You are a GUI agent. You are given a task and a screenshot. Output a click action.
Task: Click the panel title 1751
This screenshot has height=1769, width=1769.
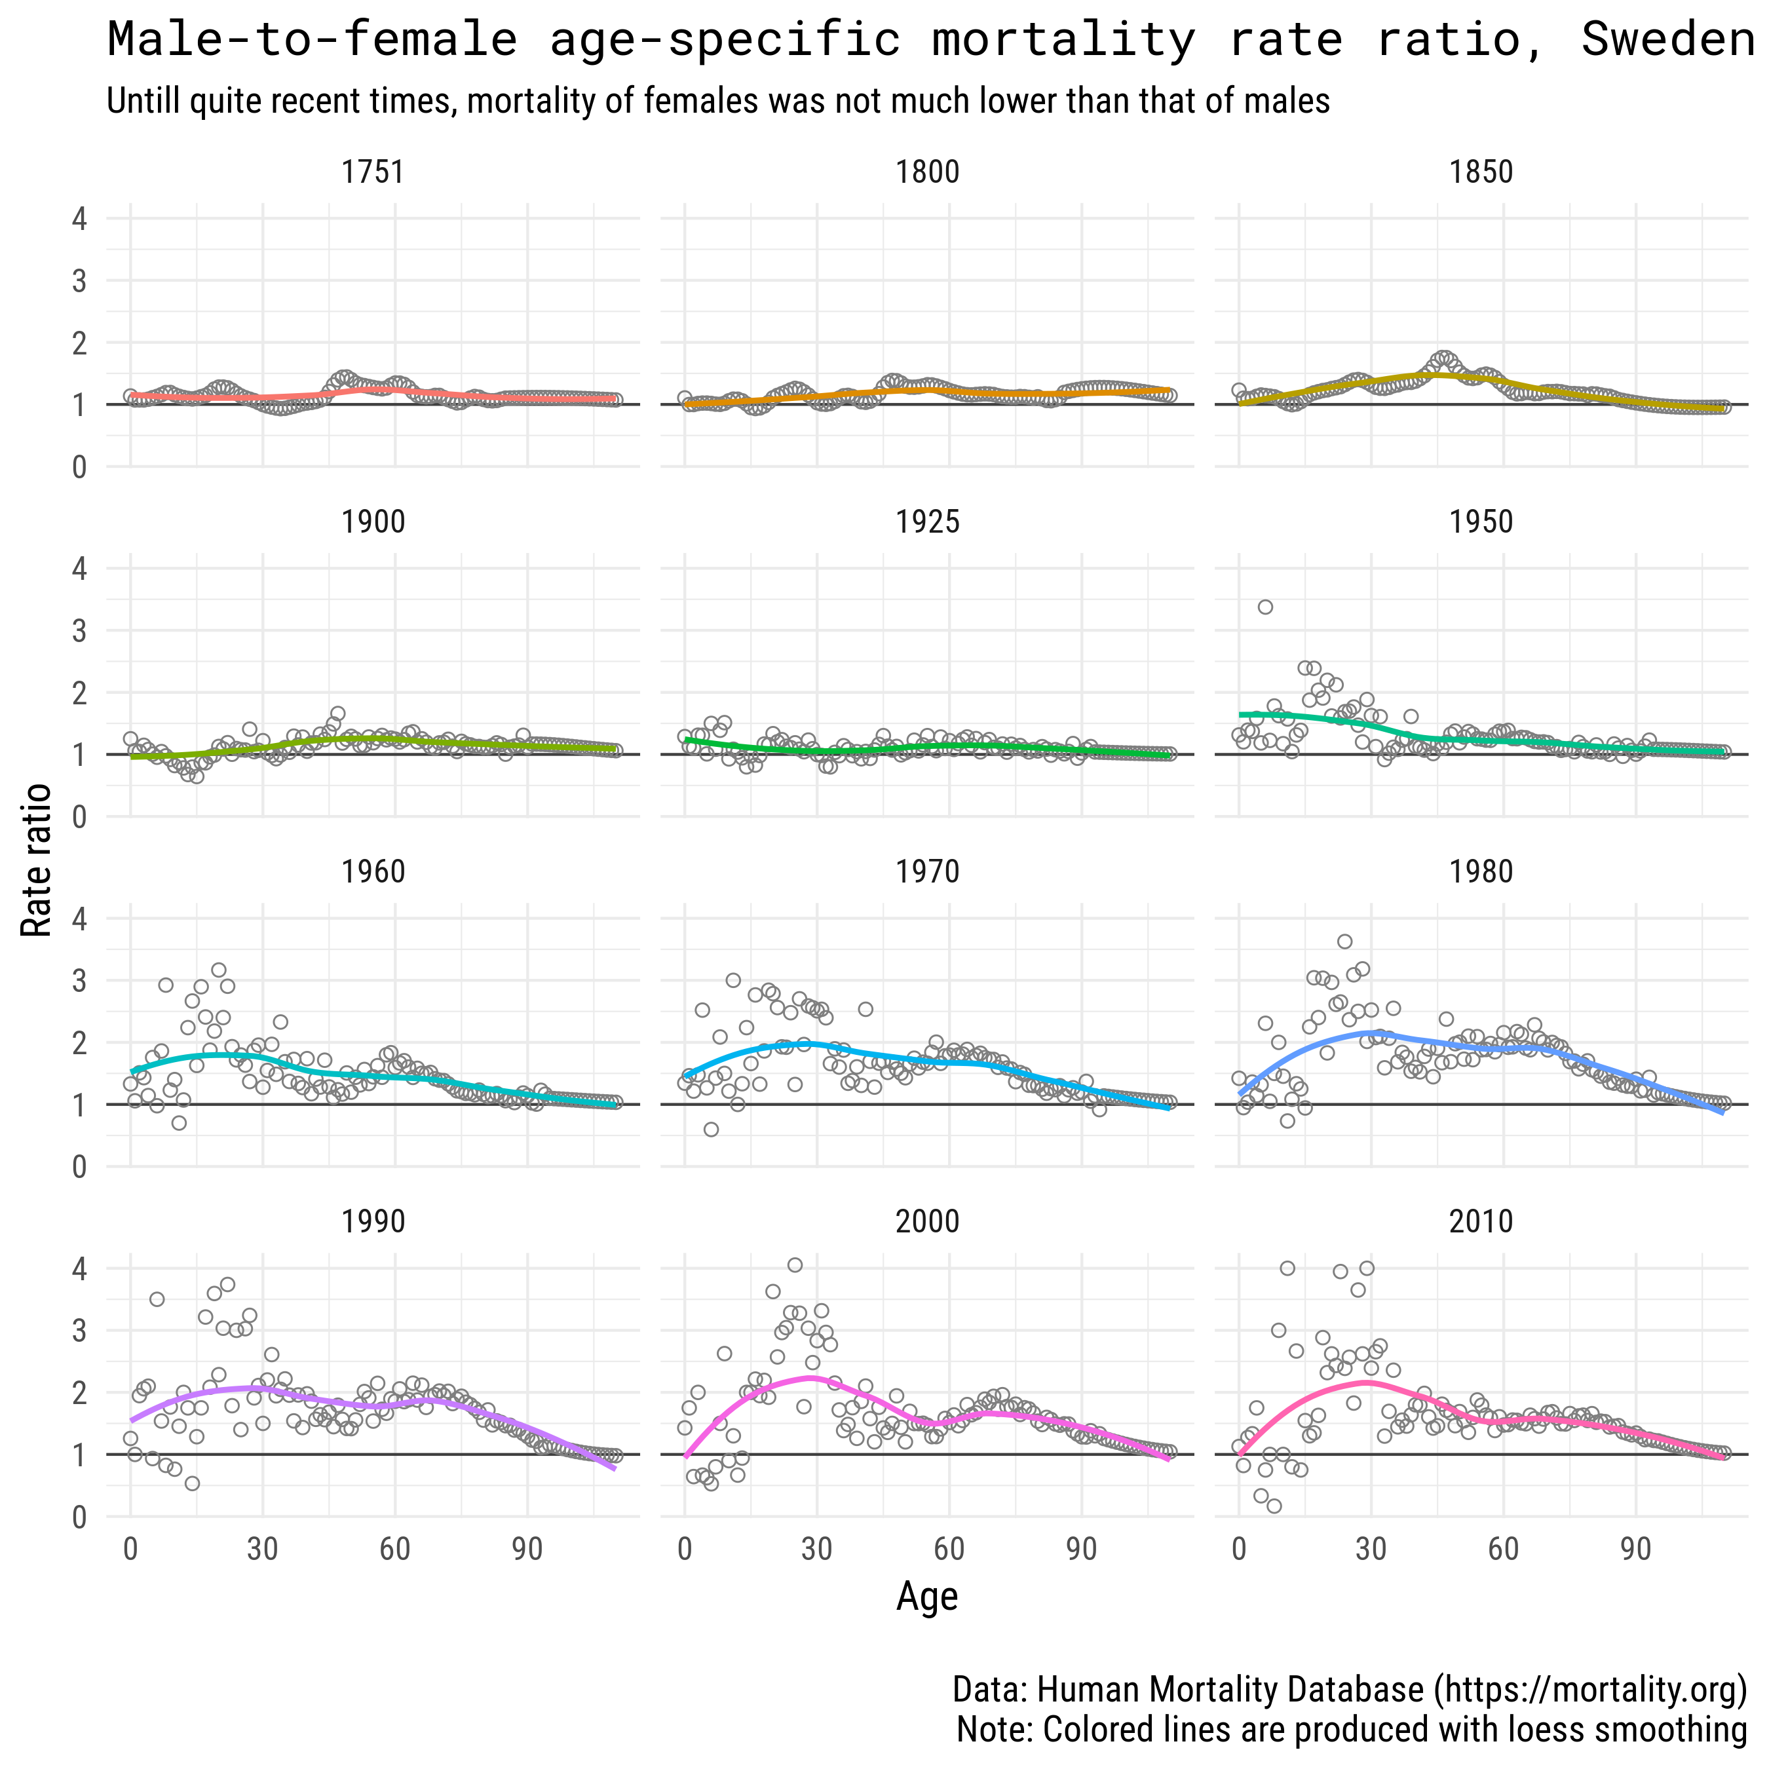tap(373, 172)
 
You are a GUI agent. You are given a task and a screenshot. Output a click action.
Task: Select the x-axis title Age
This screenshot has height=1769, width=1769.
tap(926, 1596)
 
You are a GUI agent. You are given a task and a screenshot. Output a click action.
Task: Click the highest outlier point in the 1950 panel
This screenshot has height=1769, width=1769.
tap(1265, 607)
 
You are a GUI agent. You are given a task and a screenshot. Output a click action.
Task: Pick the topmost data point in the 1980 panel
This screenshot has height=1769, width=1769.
tap(1344, 942)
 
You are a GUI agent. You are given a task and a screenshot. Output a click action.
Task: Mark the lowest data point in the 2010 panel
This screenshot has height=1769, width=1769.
tap(1274, 1506)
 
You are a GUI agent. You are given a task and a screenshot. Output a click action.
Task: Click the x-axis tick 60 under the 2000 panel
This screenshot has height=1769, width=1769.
tap(949, 1550)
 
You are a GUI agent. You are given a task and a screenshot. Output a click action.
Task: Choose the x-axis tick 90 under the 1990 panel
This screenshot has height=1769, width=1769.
tap(527, 1550)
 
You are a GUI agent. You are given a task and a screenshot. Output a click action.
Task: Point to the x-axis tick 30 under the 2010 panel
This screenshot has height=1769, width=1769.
tap(1371, 1550)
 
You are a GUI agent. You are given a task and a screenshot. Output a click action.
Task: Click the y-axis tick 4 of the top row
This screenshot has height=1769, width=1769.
tap(80, 219)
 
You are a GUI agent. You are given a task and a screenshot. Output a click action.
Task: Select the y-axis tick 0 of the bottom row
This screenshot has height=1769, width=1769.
tap(80, 1517)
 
